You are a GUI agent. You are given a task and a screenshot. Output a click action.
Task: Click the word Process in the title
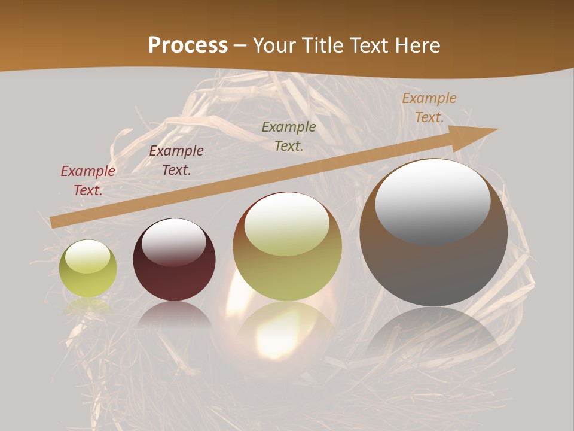pos(188,45)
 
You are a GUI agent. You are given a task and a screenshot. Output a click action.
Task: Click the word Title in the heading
pos(321,45)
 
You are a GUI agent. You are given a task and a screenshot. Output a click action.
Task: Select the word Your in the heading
pos(276,45)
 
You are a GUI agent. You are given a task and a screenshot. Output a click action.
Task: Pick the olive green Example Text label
pos(289,136)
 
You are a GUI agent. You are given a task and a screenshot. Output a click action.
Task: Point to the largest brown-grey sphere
pos(433,263)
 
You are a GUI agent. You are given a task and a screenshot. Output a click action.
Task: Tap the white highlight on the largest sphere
pos(433,201)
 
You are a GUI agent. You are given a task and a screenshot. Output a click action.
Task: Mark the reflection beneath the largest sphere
pos(433,335)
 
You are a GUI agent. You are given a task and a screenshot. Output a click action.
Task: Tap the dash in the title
pos(240,45)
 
